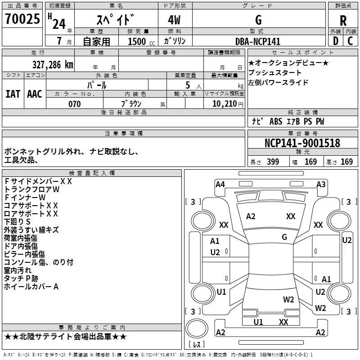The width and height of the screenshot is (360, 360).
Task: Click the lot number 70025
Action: coord(22,19)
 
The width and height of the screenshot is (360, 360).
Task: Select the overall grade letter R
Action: coord(343,21)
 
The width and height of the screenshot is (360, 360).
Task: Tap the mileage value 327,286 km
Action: coord(53,65)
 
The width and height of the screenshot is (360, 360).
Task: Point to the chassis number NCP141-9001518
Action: coord(302,143)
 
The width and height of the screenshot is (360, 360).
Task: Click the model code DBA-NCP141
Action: coord(258,41)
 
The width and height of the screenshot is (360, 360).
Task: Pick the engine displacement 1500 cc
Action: coord(141,41)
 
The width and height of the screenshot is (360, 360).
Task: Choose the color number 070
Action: coord(75,104)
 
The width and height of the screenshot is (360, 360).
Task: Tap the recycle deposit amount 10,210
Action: coord(224,104)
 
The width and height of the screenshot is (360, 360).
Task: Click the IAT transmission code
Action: coord(13,94)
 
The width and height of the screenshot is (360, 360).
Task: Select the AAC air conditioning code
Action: coord(35,94)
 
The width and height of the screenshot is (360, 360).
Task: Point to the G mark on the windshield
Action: coord(284,237)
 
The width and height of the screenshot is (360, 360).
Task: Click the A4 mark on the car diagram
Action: coord(220,184)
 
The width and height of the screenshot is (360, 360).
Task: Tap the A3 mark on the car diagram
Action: coord(321,184)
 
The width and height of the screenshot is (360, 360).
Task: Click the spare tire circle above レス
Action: coord(197,328)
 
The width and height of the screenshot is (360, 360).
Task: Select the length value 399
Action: coord(273,162)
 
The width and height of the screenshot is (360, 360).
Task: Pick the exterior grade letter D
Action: coord(336,41)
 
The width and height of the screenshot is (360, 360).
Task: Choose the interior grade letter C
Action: coord(350,41)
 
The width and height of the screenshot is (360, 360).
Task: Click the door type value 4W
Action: coord(174,20)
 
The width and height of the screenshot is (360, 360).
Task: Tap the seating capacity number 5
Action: coord(188,85)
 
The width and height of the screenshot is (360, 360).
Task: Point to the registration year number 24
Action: coord(59,24)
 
